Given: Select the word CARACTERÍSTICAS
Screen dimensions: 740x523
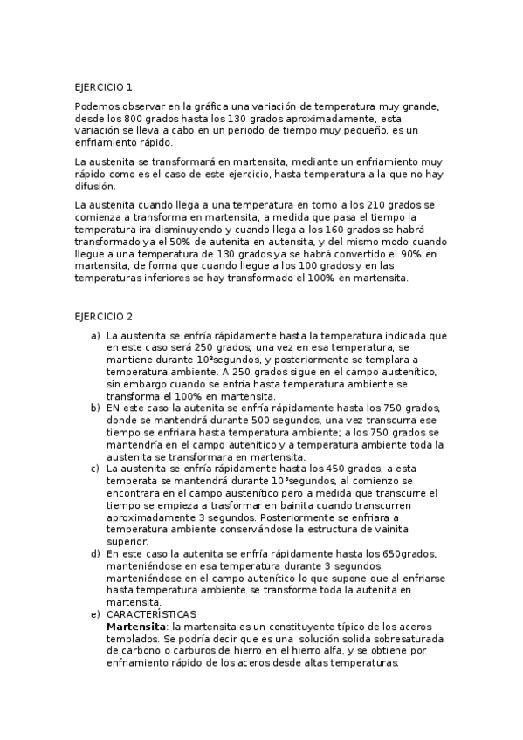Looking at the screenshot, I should point(151,615).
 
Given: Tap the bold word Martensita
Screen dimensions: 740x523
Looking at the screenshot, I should point(135,627).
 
